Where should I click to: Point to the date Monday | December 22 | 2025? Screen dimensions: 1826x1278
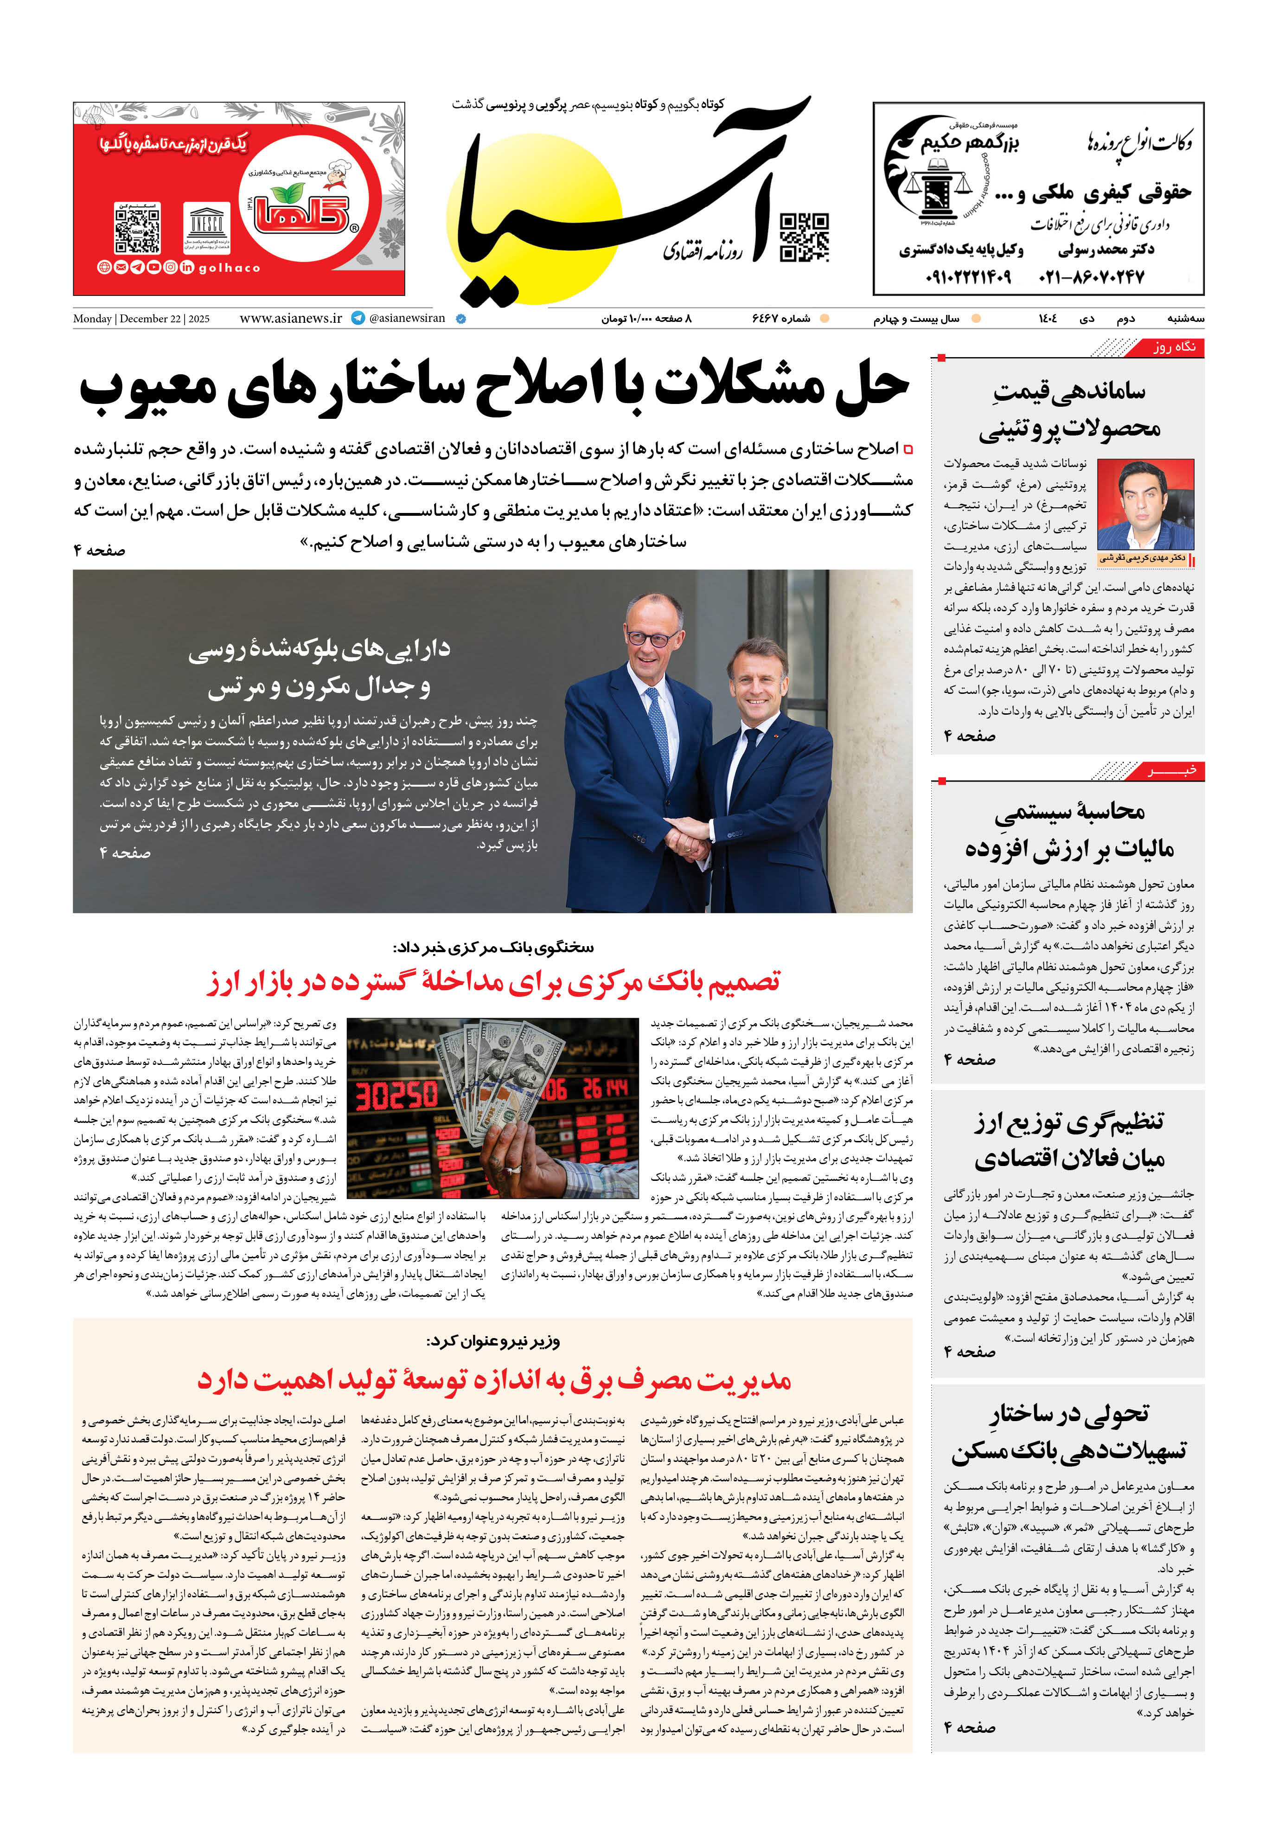click(x=141, y=319)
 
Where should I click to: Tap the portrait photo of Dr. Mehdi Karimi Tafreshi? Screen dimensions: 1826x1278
click(x=1145, y=504)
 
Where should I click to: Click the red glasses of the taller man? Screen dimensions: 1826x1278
click(x=652, y=637)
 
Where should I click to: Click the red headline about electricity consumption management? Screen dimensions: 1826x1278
click(x=493, y=1380)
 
